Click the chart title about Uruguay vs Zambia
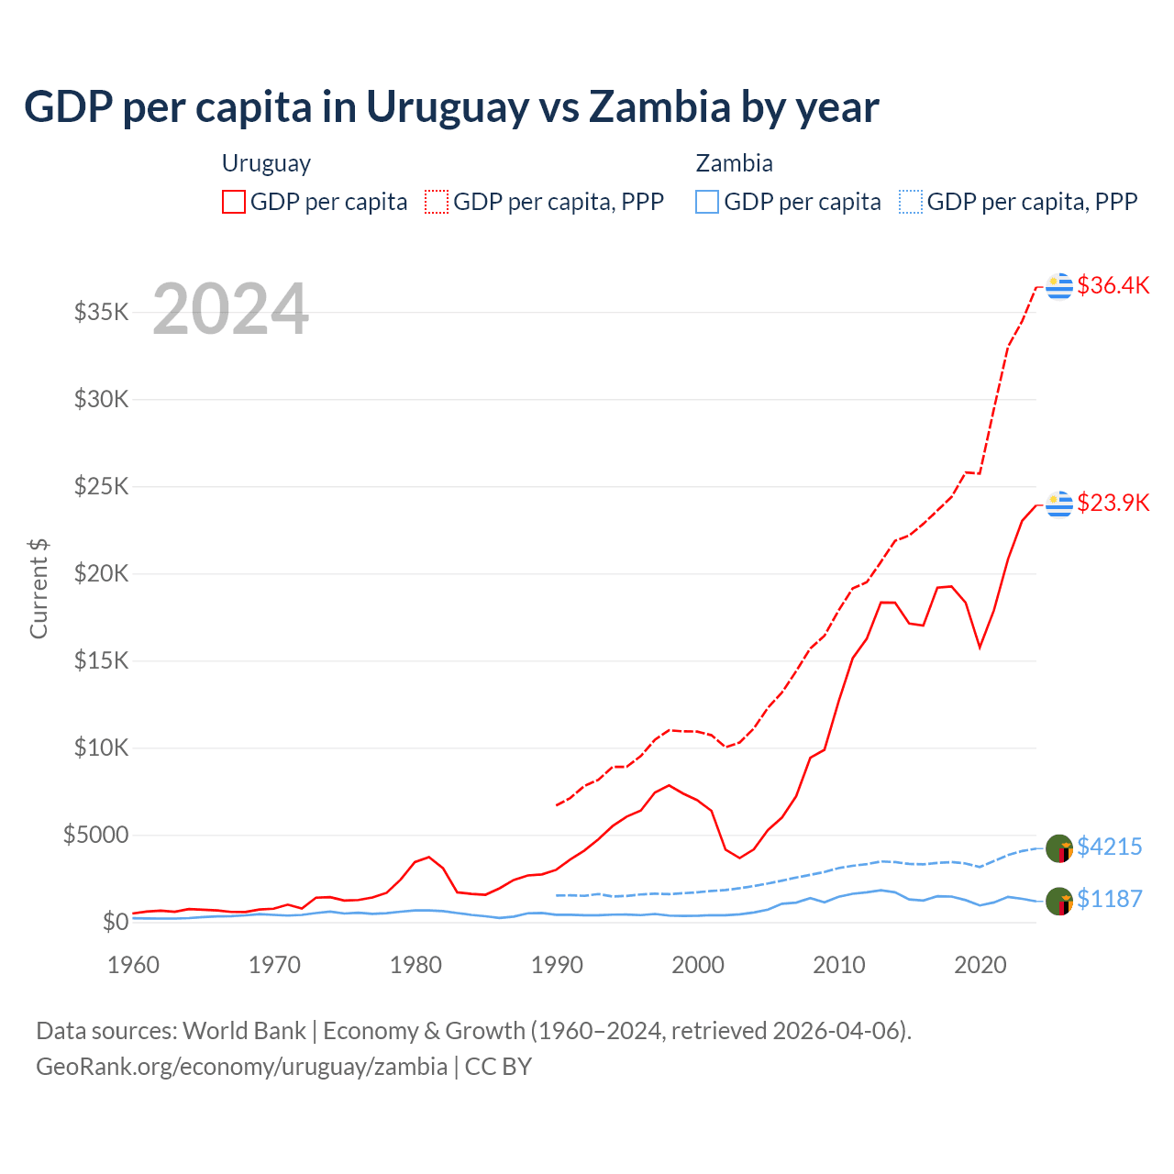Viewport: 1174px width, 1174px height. [451, 107]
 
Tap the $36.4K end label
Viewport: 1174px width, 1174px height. [1113, 285]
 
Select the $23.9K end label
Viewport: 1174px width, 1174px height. [1113, 503]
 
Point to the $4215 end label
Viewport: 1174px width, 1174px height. [1109, 847]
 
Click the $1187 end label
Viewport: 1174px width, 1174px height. [1109, 899]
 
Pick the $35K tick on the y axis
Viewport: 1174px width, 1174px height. [102, 312]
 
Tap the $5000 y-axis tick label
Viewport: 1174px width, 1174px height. [96, 835]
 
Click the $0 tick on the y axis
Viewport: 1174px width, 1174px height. [116, 922]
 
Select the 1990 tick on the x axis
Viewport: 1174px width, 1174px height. [557, 965]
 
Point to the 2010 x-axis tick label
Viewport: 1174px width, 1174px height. [839, 965]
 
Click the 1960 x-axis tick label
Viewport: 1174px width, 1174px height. [134, 965]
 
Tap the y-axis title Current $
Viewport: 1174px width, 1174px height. [39, 589]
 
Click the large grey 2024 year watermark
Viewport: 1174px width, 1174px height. [230, 309]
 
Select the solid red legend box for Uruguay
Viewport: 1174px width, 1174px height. [234, 202]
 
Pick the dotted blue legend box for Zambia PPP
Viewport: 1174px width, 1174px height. [911, 202]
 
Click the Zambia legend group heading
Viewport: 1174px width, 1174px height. [734, 163]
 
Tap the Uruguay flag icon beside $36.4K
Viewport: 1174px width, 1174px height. [1059, 286]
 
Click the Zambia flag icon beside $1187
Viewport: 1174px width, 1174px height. [1059, 901]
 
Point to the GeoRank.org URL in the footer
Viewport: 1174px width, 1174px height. [241, 1067]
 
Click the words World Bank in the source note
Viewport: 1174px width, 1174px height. [244, 1031]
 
